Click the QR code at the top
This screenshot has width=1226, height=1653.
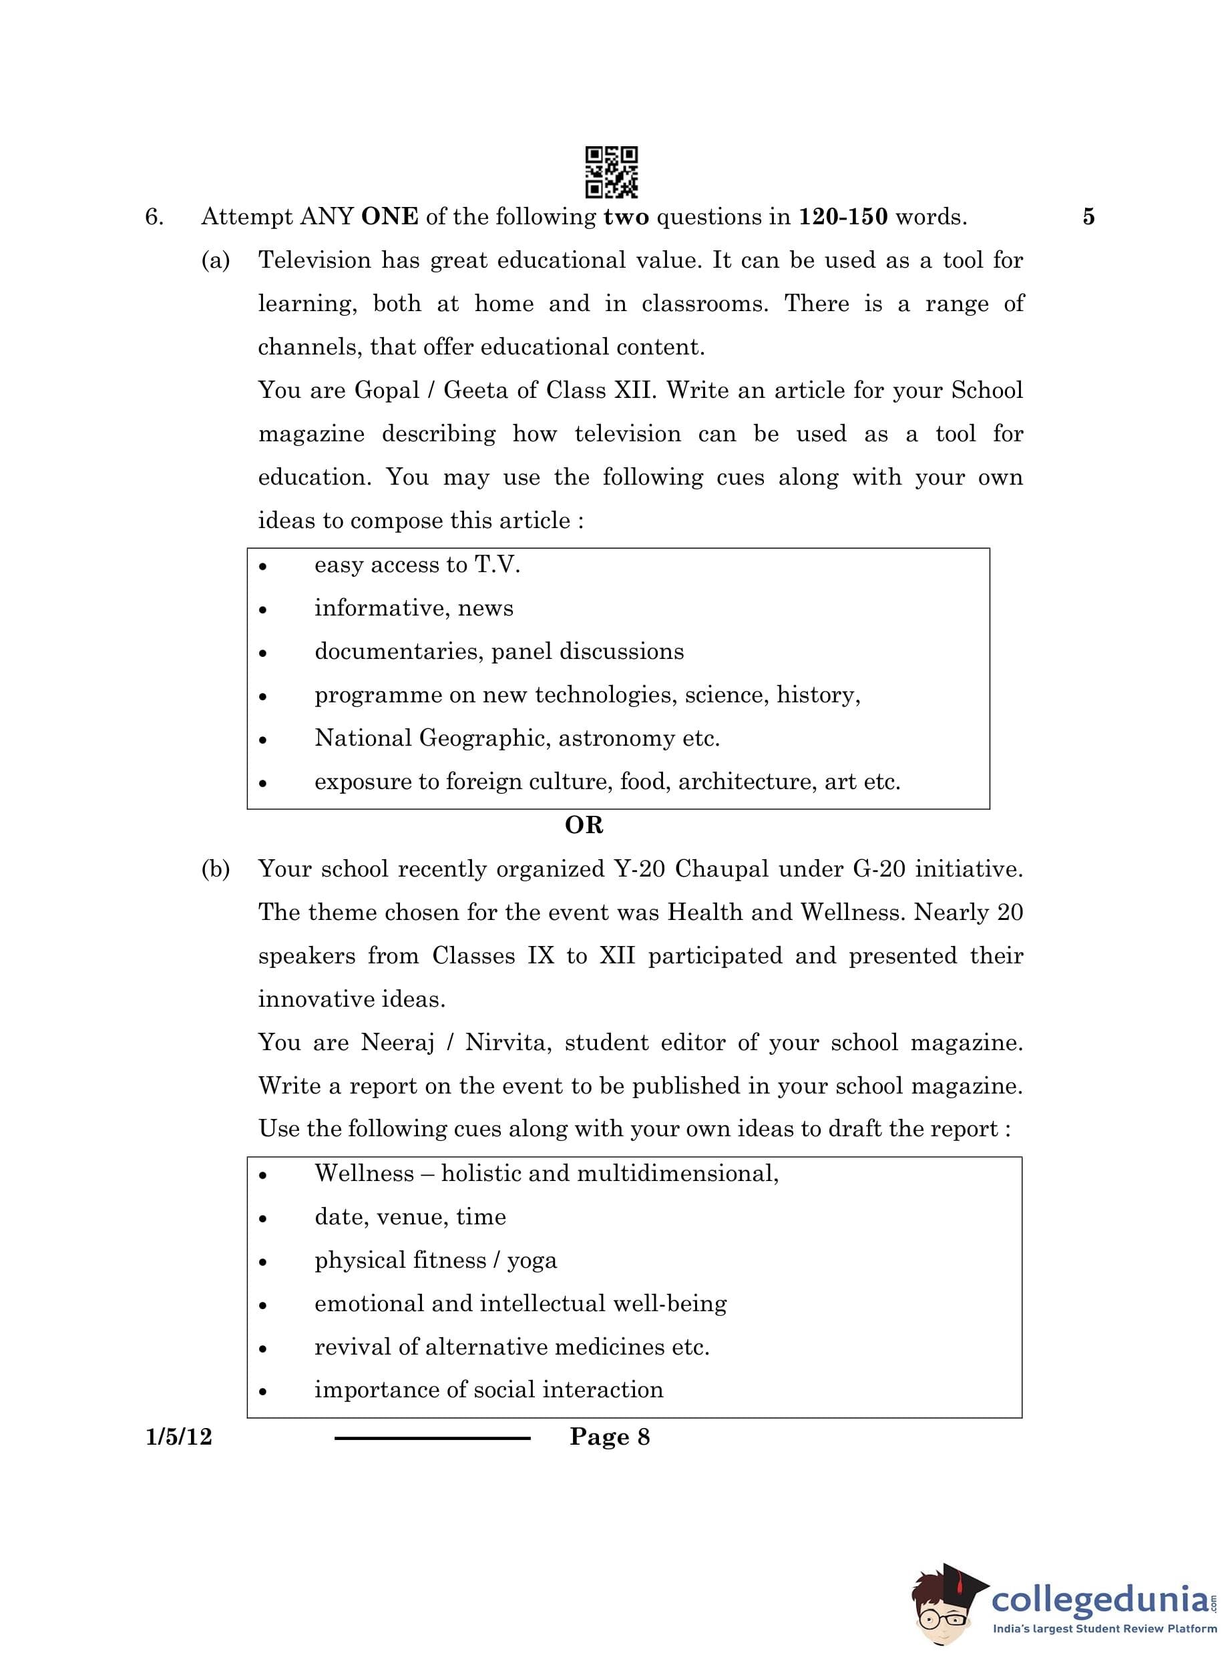tap(611, 172)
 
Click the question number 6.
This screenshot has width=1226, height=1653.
tap(154, 218)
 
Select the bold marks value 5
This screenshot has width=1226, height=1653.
tap(1088, 218)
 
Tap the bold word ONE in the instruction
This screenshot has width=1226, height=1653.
tap(389, 218)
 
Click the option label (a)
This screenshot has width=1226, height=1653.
tap(215, 260)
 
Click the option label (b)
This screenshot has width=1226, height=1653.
tap(215, 869)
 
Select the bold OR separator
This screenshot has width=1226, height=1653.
tap(584, 825)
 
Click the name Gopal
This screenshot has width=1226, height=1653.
tap(387, 391)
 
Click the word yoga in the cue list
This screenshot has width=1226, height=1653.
tap(532, 1261)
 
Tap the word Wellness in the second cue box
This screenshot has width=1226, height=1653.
tap(364, 1174)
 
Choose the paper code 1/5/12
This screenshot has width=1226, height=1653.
tap(179, 1437)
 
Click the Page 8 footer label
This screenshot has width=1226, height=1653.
tap(609, 1437)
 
